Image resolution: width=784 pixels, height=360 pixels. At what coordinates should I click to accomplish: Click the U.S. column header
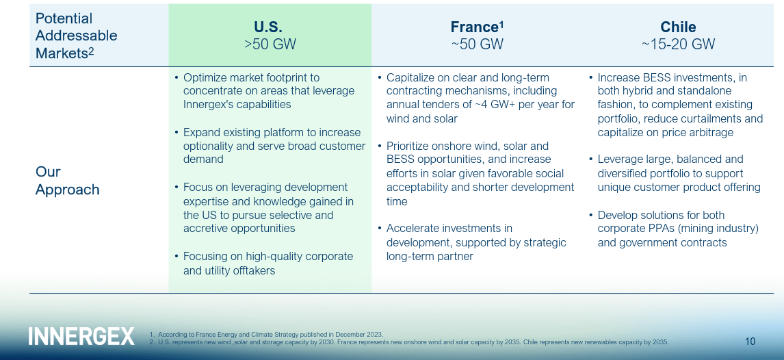coord(267,27)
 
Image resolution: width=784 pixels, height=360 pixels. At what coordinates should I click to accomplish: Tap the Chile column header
coord(678,27)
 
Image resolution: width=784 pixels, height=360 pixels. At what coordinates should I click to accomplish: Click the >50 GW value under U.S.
coord(270,44)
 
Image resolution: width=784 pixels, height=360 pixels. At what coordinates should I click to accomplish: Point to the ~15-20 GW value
coord(678,44)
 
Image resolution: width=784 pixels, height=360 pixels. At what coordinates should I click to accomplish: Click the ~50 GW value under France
coord(477,44)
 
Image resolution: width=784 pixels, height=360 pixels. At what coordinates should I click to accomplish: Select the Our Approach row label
coord(67,181)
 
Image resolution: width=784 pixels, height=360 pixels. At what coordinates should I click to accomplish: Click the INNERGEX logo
coord(81,336)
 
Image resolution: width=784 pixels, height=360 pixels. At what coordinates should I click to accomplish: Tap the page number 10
coord(750,341)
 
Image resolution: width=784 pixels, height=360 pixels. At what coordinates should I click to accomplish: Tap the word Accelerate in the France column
coord(414,229)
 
